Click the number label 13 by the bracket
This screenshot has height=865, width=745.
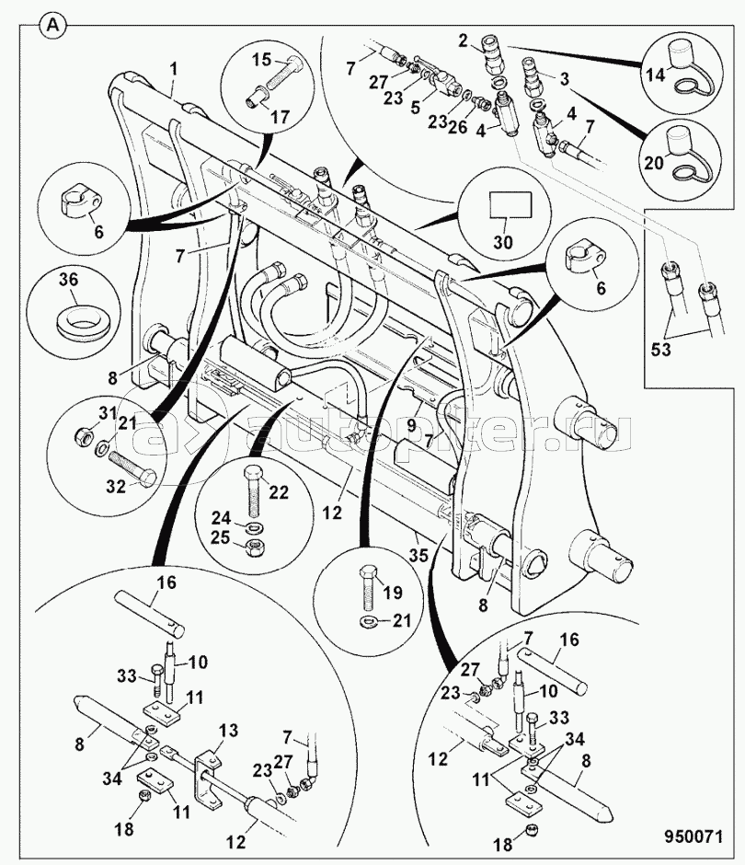point(228,731)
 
